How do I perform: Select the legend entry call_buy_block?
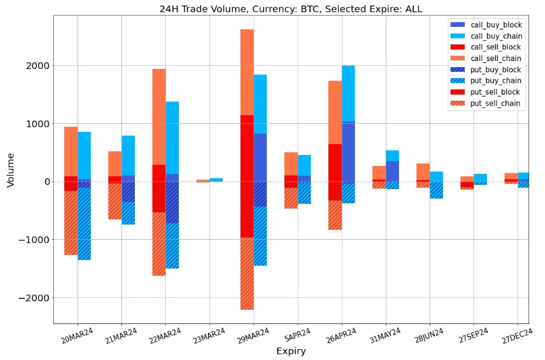pos(495,25)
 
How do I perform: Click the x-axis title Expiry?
pos(291,351)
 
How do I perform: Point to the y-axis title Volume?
pos(10,169)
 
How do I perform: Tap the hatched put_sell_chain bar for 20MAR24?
pos(71,223)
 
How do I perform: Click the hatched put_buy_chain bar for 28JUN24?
pos(436,190)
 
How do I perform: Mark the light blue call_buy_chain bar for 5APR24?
pos(304,165)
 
